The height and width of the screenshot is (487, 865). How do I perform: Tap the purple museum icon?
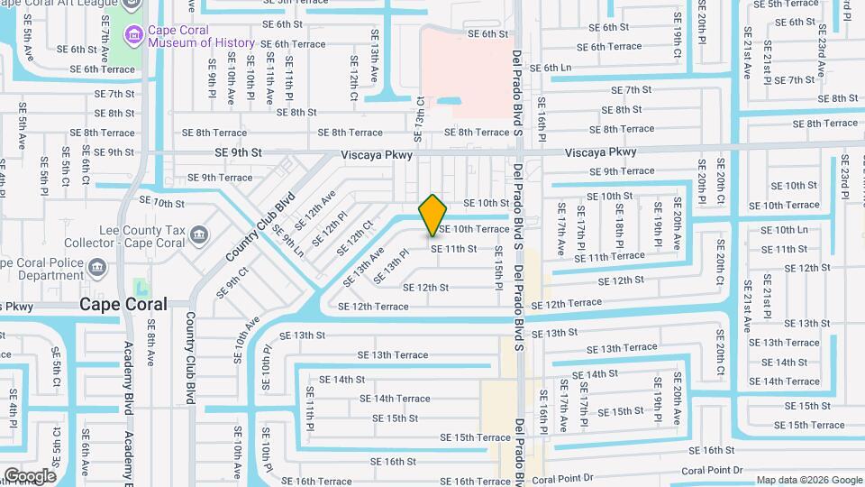(x=135, y=35)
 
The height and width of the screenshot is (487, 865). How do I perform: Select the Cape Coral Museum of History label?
(x=202, y=36)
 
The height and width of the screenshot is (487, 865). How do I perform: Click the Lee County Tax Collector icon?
(x=198, y=237)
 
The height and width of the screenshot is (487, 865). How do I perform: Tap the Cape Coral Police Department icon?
(x=97, y=269)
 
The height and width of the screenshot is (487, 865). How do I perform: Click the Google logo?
(x=30, y=475)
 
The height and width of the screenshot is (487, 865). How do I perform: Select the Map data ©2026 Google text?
(x=808, y=480)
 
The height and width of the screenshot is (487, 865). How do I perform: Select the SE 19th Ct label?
(x=677, y=31)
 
